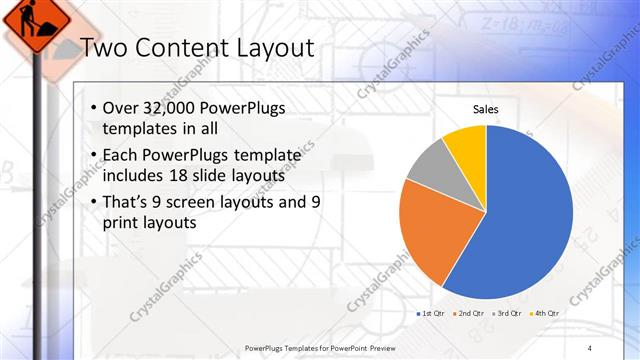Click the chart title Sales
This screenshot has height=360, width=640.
point(486,109)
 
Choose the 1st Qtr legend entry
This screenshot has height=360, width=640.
point(432,314)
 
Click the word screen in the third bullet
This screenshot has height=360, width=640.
point(205,201)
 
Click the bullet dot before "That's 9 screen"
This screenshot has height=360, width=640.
point(93,201)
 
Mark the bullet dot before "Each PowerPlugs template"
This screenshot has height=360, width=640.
point(93,155)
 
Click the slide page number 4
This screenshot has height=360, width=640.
point(590,347)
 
